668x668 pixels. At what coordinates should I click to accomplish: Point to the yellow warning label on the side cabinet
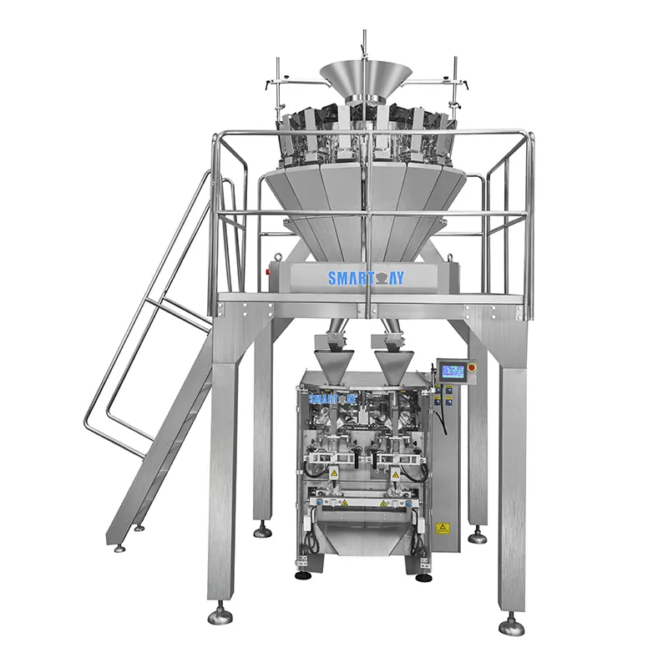[443, 527]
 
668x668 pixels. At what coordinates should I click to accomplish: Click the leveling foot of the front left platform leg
[220, 615]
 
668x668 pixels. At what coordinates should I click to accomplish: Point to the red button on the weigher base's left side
[270, 271]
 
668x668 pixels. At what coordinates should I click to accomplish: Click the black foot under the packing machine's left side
[301, 575]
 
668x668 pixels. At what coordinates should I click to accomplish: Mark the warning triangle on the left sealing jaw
[333, 473]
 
